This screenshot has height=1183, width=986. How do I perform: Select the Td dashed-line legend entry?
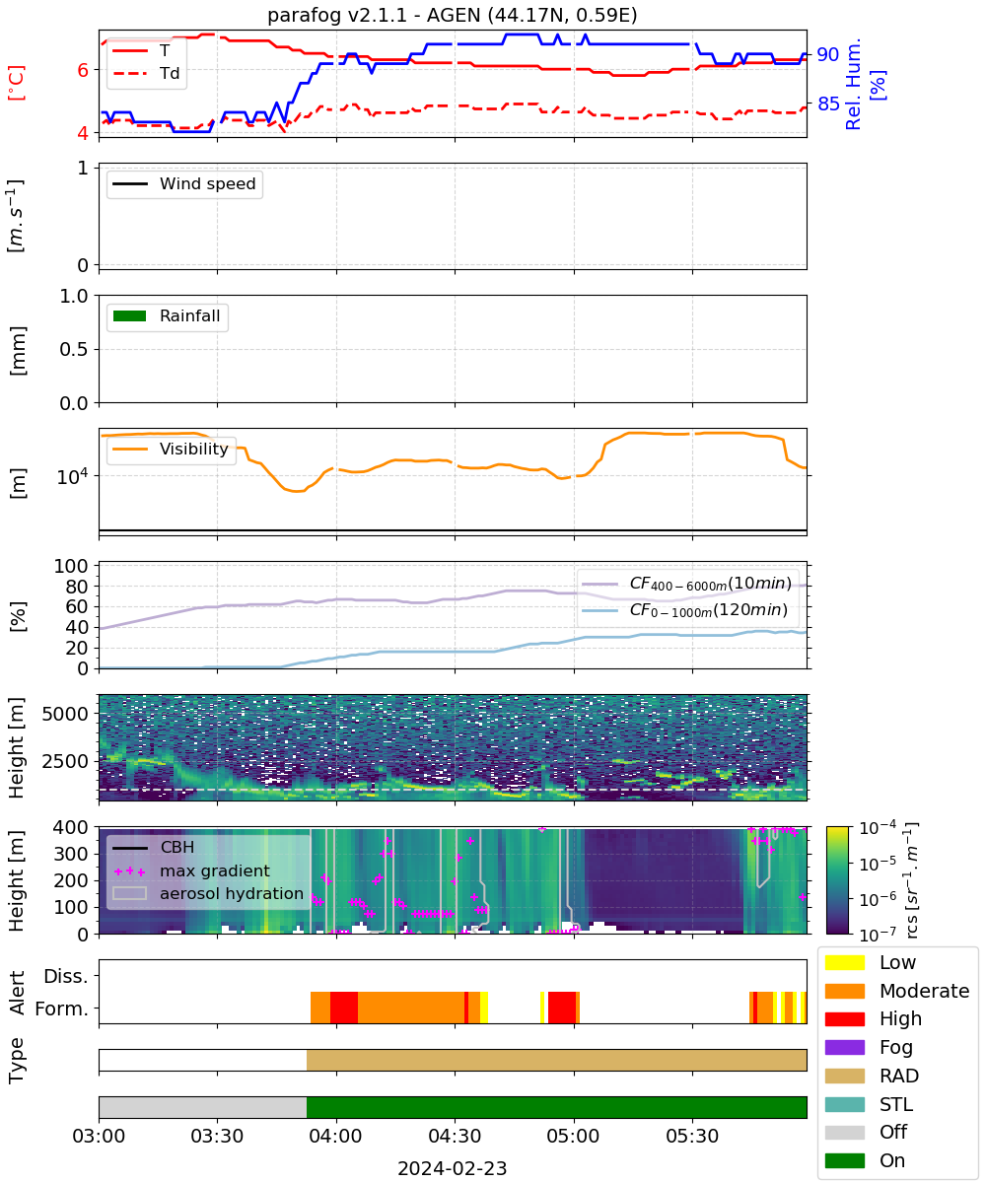pos(146,73)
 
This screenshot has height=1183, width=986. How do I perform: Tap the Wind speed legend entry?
pos(184,183)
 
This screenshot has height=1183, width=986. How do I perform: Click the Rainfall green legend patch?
pos(130,315)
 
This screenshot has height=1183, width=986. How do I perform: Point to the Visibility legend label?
pos(194,449)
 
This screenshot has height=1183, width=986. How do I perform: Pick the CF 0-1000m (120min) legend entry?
pos(684,610)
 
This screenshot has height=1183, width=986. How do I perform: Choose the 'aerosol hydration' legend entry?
pos(208,893)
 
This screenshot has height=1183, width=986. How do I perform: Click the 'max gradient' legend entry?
pos(191,870)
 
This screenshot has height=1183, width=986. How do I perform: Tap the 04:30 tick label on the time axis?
pos(455,1136)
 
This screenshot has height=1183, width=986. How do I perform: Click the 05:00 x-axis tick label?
pos(574,1136)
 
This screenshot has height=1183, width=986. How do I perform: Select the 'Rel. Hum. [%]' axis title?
pos(865,84)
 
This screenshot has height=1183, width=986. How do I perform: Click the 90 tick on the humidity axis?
pos(827,54)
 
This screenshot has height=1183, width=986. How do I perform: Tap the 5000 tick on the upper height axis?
pos(65,714)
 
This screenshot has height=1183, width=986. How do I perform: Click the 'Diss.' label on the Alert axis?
pos(66,976)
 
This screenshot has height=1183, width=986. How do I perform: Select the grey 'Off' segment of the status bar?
pos(203,1107)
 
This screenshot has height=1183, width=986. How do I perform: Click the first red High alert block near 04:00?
pos(344,1008)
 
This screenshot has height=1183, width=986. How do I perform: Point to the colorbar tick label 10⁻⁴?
pos(878,829)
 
